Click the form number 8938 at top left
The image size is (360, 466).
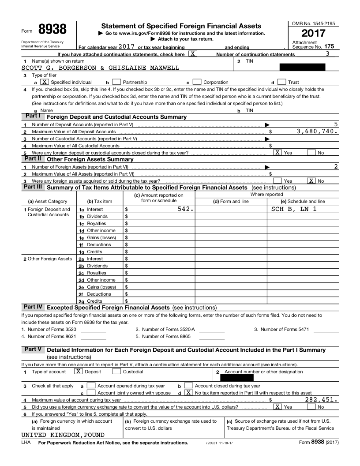tap(52, 30)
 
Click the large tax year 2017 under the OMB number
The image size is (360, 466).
tap(313, 34)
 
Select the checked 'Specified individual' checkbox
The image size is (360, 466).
tap(45, 82)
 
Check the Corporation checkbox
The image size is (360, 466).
tap(197, 82)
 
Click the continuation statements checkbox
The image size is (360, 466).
tap(193, 54)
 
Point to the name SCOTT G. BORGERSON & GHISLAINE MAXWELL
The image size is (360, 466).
tap(101, 68)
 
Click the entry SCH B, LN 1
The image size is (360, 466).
tap(294, 209)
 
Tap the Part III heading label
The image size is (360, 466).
tap(33, 187)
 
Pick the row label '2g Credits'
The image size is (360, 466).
tap(91, 301)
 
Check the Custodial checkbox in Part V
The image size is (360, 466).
tap(116, 372)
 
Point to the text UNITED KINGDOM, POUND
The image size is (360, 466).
tap(63, 435)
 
